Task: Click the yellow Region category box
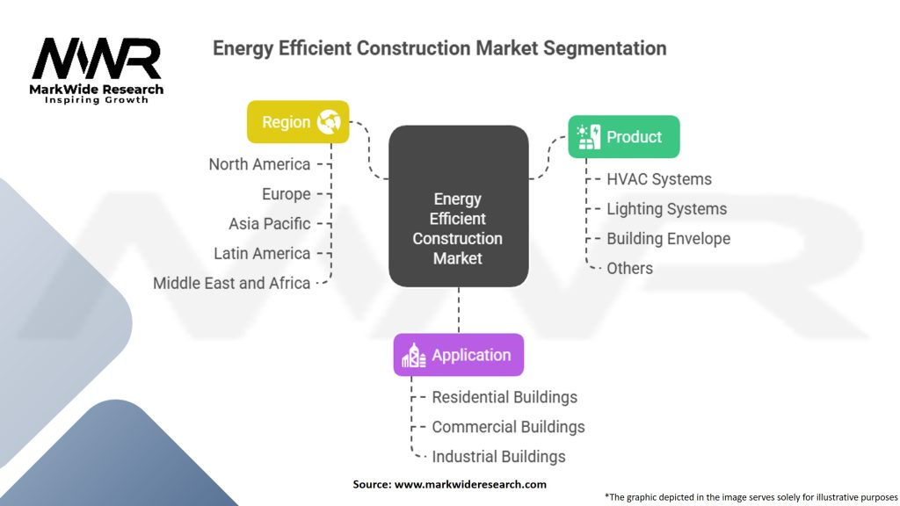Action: coord(298,122)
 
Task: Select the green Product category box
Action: coord(623,137)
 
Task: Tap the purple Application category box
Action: coord(458,355)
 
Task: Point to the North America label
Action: coord(259,164)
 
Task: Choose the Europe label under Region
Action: coord(286,194)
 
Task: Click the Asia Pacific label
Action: coord(269,224)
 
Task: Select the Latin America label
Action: coord(262,254)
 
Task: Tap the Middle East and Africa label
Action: coord(232,283)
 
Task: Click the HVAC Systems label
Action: coord(659,179)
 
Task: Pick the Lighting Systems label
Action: coord(666,209)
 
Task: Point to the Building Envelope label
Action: coord(668,239)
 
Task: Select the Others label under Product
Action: coord(629,269)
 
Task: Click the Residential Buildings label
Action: coord(504,397)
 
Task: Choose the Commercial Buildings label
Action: coord(508,427)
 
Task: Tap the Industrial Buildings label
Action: coord(498,457)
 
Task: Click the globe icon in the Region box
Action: coord(329,122)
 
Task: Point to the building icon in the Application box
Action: coord(413,355)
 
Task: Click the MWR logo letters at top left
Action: coord(97,60)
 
